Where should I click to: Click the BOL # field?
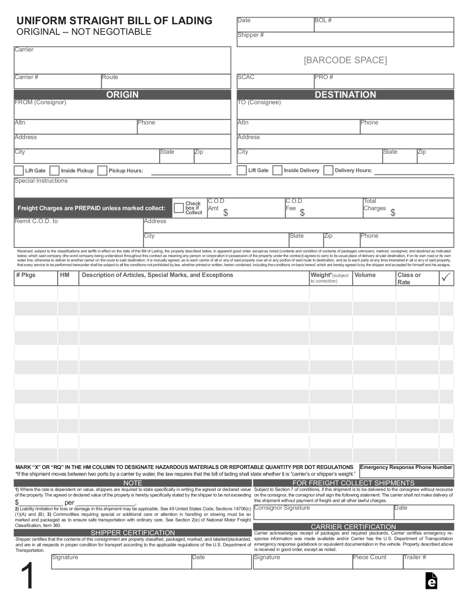click(x=383, y=25)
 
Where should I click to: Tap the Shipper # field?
click(x=345, y=40)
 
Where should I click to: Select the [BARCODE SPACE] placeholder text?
click(x=345, y=60)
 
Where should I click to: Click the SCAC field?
click(x=275, y=82)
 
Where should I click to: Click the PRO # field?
click(x=383, y=82)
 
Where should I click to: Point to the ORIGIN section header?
click(x=122, y=95)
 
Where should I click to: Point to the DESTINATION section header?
click(x=345, y=95)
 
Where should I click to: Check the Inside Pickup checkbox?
click(x=54, y=171)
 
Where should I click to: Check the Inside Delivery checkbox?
click(x=277, y=171)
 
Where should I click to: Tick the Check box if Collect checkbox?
click(x=179, y=208)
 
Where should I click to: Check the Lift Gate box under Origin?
click(x=19, y=171)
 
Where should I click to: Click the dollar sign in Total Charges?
click(x=393, y=212)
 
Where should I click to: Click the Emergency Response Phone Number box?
click(x=407, y=471)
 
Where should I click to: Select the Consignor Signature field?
click(x=323, y=512)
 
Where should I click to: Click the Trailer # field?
click(x=428, y=562)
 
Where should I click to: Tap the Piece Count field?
click(x=378, y=562)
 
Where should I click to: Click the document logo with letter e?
click(x=431, y=581)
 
